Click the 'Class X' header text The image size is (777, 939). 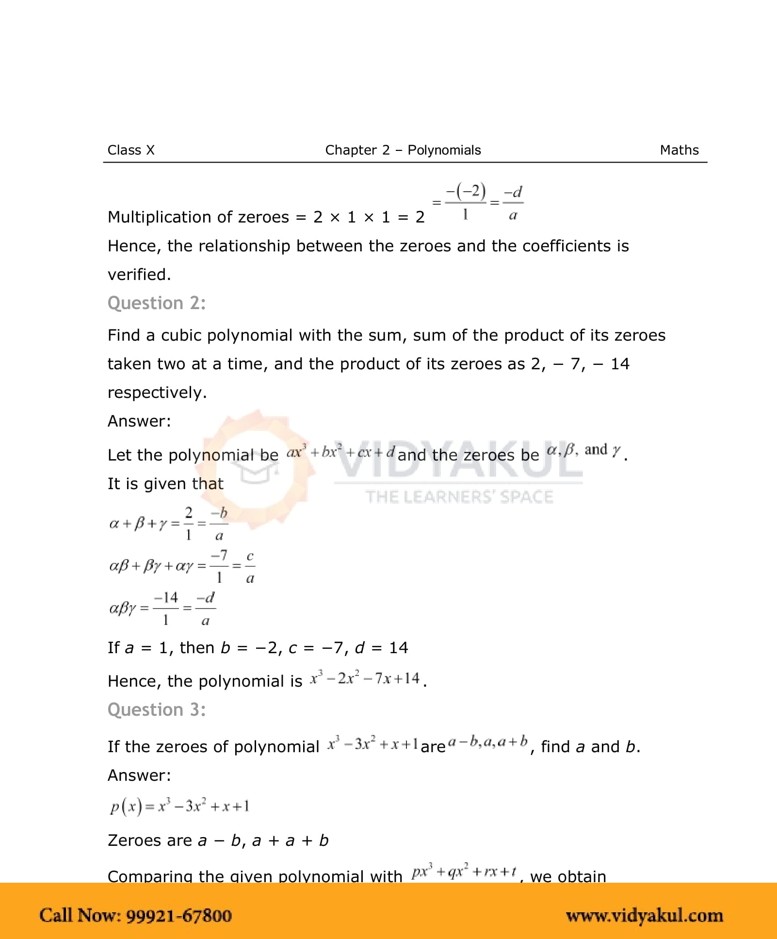pos(131,150)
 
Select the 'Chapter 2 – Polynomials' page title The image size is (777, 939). pos(403,150)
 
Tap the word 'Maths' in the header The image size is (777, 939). pos(679,150)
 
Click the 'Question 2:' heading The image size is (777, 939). pos(157,303)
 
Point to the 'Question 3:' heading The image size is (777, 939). pos(157,709)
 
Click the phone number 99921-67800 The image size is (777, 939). pos(179,915)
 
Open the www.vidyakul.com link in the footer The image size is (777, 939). pos(644,915)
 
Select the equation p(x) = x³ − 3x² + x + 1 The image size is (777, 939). pos(179,806)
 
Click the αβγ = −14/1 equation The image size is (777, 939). pos(162,608)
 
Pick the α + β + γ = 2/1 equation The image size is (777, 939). pos(168,524)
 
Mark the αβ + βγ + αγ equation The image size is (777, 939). pos(182,566)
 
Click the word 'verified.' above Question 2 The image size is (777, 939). pos(139,275)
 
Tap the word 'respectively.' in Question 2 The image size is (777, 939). pos(157,392)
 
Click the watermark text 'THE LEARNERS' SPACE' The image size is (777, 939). pos(459,497)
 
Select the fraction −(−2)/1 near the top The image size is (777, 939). pos(466,201)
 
